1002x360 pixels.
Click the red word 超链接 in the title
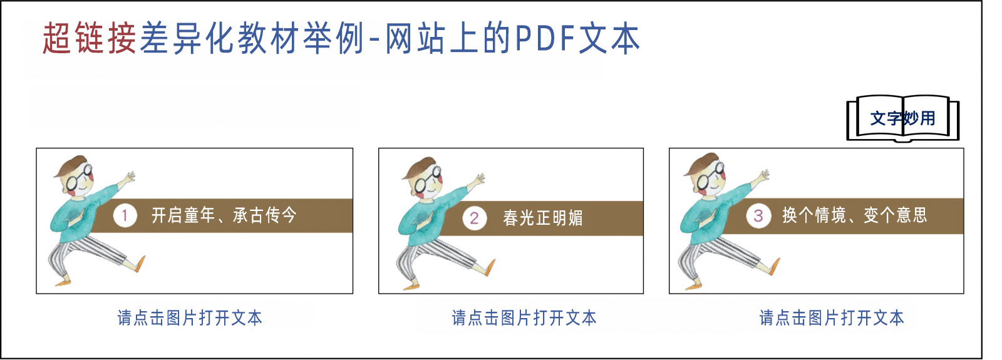tap(90, 38)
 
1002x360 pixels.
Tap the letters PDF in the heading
tap(544, 38)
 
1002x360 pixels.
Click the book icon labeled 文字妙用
tap(902, 118)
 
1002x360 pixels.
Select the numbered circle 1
tap(125, 215)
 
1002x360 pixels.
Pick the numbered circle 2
tap(474, 219)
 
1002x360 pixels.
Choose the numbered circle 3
tap(758, 215)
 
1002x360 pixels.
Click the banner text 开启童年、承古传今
tap(224, 215)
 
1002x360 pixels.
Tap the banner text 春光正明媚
tap(542, 219)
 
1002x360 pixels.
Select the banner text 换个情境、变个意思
tap(854, 215)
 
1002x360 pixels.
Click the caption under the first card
tap(190, 318)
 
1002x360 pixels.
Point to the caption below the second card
tap(524, 318)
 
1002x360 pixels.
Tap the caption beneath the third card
tap(832, 318)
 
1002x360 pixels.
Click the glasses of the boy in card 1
tap(79, 178)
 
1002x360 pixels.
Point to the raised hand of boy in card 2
tap(478, 180)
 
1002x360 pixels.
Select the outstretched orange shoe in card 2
tap(491, 267)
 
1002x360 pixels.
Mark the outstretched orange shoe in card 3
tap(775, 266)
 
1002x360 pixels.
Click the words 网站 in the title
tap(415, 38)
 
